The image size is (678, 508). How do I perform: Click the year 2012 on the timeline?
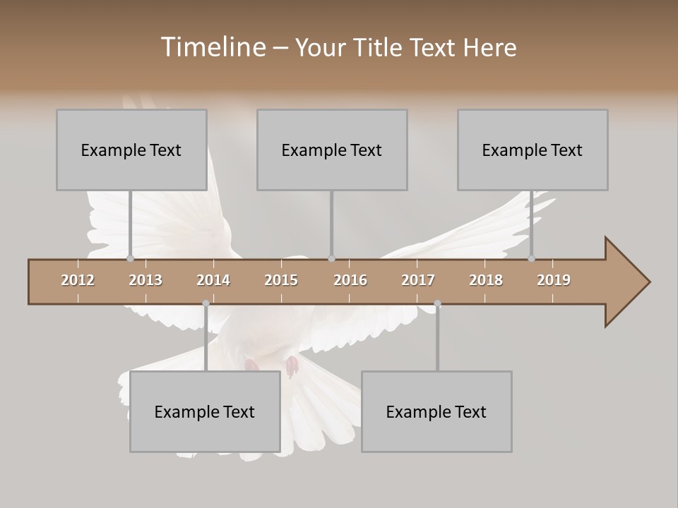[x=78, y=280]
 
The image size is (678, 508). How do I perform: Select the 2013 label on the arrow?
[x=145, y=280]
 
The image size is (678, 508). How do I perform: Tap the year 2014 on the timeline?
[x=213, y=280]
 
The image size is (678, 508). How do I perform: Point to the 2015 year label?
[x=281, y=280]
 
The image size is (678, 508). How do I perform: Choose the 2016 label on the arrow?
[x=350, y=280]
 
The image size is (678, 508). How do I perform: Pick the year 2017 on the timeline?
[x=418, y=280]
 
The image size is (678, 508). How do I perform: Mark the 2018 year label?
[x=486, y=280]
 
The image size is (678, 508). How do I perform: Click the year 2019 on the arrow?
[x=554, y=280]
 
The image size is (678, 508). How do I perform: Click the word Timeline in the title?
[x=212, y=47]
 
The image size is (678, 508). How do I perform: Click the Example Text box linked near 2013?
[x=131, y=150]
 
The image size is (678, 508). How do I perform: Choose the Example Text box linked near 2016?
[x=332, y=150]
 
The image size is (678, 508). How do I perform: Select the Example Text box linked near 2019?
[x=533, y=150]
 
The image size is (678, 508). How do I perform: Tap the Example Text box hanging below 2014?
[x=205, y=411]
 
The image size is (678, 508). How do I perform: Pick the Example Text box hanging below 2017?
[x=436, y=411]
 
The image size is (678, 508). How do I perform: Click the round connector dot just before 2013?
[x=131, y=258]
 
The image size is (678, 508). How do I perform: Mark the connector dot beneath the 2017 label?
[x=437, y=303]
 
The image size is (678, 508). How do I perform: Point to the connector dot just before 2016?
[x=332, y=258]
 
